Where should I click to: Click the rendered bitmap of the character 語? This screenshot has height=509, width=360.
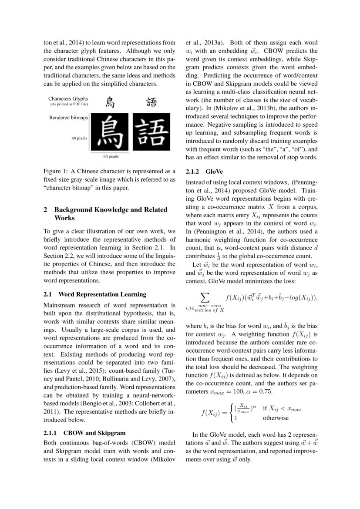151,132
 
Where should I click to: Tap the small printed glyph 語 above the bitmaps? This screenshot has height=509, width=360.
151,103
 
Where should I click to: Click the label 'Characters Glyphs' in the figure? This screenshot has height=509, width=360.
68,99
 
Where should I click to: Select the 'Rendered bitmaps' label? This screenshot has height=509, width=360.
68,118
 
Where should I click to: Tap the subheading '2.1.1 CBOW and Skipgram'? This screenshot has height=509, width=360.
84,433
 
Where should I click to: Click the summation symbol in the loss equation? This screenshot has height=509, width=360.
203,297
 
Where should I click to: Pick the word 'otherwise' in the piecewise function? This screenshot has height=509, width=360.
276,418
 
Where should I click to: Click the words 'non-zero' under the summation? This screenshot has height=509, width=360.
209,306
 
